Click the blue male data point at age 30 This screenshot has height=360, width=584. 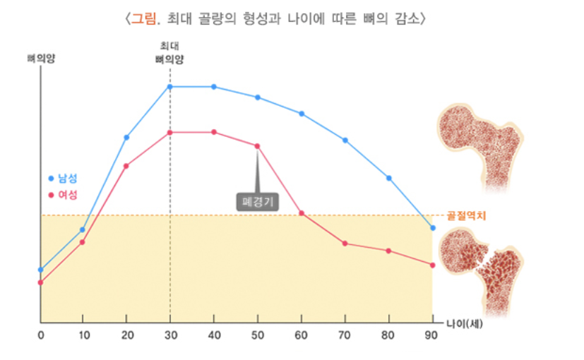170,87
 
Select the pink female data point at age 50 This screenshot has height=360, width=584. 257,146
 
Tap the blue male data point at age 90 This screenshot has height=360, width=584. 433,228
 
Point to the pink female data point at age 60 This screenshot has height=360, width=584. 302,213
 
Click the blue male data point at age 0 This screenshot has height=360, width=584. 41,270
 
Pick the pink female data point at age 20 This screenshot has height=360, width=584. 126,166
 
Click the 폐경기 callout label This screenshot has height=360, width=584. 257,202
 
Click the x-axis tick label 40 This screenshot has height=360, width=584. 214,335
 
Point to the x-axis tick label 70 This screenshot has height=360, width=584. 345,335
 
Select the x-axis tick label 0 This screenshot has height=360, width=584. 41,335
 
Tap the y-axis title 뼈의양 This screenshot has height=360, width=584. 41,59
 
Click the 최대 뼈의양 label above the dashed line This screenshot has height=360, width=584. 169,53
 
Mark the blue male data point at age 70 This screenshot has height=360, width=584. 345,140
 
